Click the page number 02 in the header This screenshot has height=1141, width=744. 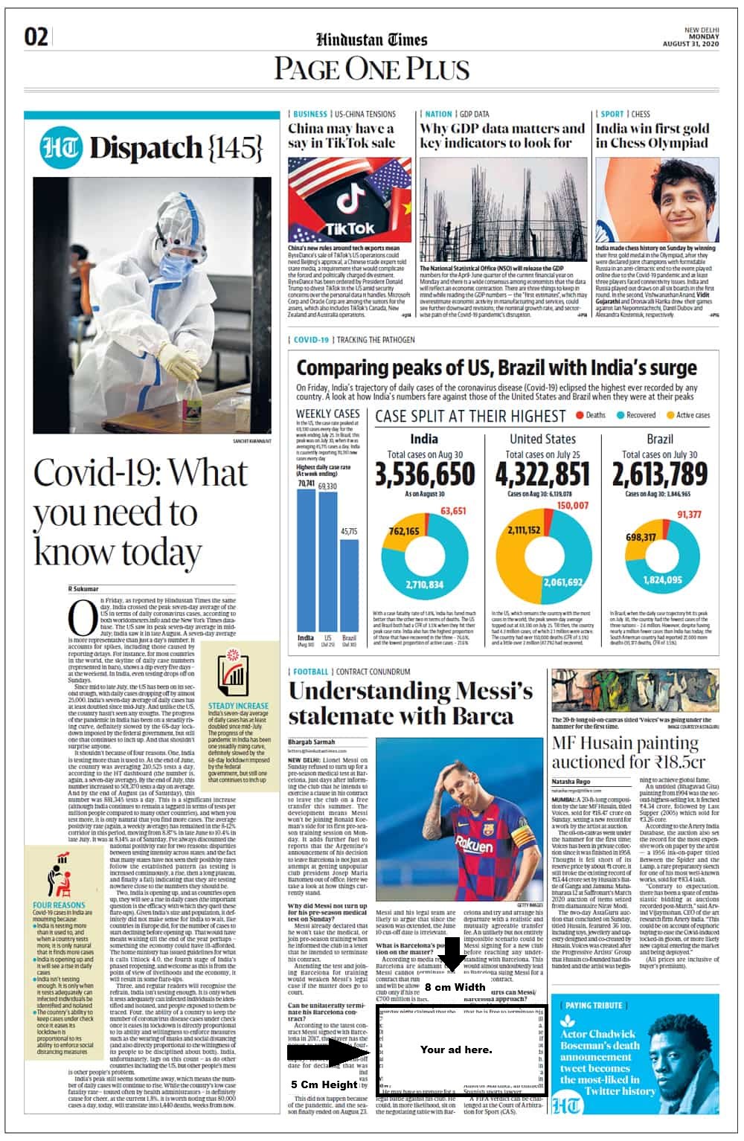[36, 36]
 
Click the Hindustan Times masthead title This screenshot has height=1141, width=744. [371, 40]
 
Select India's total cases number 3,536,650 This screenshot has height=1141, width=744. [424, 474]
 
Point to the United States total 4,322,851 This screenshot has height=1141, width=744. [542, 474]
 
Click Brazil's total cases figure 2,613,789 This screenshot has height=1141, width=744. [659, 474]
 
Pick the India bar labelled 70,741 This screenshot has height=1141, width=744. [306, 558]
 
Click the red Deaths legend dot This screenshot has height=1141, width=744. [579, 415]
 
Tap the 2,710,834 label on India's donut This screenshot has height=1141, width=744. [424, 585]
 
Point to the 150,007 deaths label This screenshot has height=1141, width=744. [572, 505]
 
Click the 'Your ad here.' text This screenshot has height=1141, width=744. [456, 1050]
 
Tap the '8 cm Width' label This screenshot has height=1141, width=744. [455, 987]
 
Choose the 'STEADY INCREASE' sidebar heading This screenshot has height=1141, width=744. [238, 705]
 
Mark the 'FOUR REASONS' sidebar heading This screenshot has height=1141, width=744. [59, 905]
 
